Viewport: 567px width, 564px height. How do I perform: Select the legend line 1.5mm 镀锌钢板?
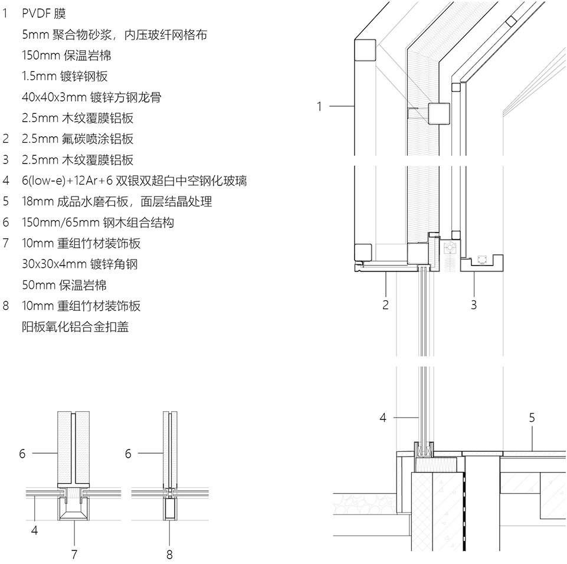(x=64, y=76)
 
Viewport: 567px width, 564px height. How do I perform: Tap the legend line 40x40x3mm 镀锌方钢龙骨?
(x=86, y=97)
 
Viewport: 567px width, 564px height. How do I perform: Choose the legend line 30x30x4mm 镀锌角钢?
(x=79, y=264)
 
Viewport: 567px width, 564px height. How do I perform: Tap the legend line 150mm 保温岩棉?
(x=66, y=55)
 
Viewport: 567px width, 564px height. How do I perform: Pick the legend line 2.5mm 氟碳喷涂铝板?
(x=77, y=139)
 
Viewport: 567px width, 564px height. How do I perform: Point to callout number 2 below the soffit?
(x=385, y=305)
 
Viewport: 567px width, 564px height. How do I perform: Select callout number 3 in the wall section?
(x=474, y=305)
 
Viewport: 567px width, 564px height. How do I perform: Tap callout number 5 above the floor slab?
(x=532, y=418)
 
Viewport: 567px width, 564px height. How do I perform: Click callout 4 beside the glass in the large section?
(x=383, y=418)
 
